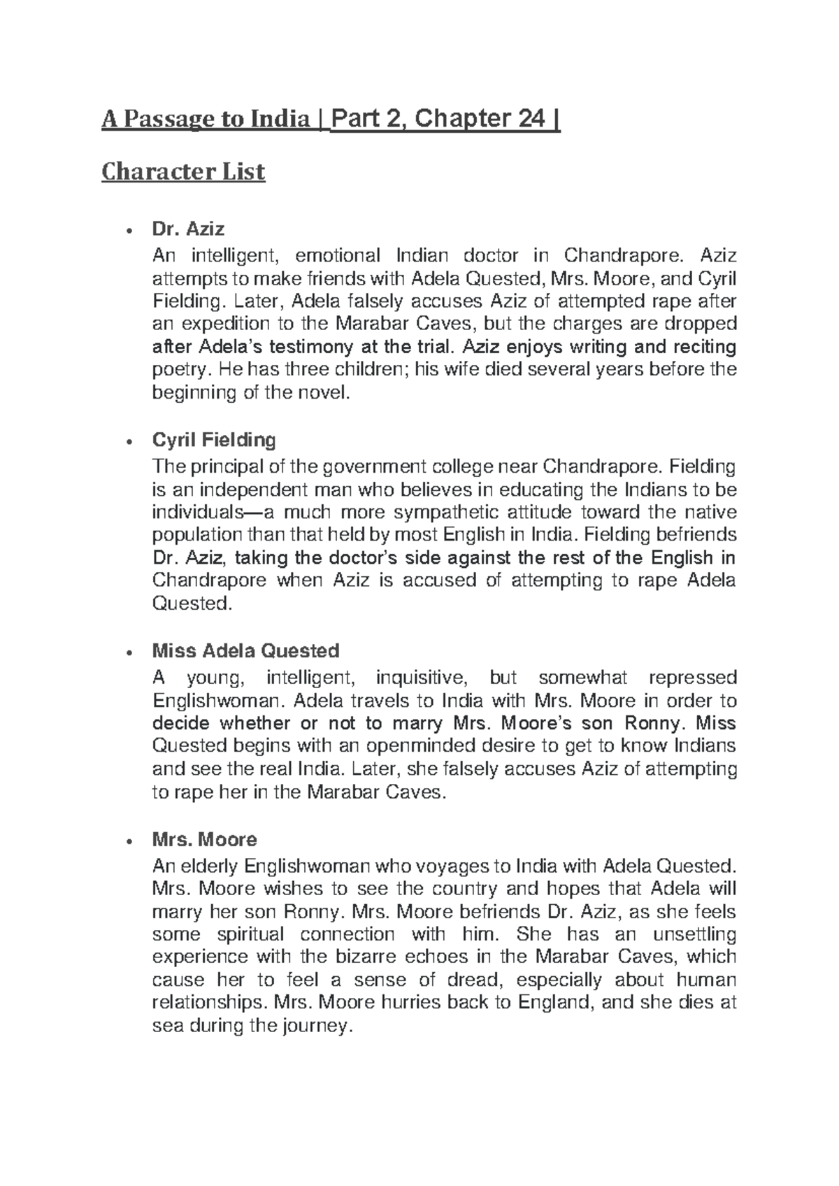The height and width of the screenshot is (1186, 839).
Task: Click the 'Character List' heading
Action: click(x=183, y=171)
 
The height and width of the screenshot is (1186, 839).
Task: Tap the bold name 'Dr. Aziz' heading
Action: click(x=188, y=229)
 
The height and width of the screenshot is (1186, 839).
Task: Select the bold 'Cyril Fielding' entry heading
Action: click(x=214, y=440)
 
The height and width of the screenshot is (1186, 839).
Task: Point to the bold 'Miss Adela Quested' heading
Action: click(x=245, y=651)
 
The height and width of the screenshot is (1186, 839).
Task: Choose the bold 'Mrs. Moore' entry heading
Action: click(x=205, y=839)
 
